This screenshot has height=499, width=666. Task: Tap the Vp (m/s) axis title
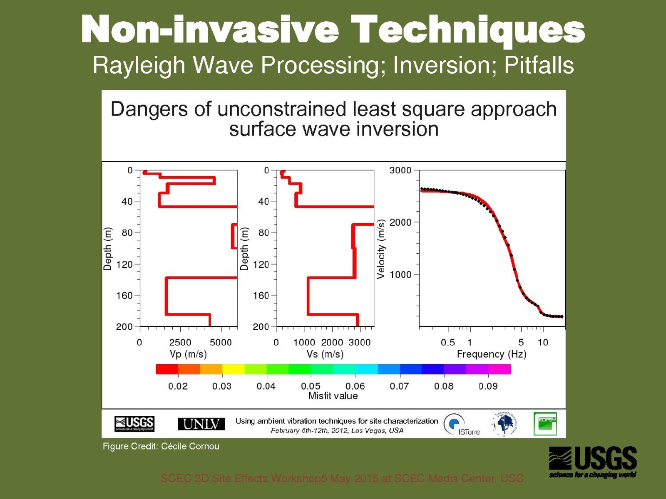(188, 354)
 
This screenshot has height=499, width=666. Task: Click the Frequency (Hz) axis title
(492, 354)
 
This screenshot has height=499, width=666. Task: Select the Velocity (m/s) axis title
(381, 249)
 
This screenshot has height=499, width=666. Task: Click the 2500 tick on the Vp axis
(180, 342)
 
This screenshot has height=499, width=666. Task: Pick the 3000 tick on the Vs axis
(360, 342)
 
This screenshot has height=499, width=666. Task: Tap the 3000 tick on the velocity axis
(400, 170)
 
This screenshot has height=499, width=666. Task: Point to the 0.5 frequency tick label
(448, 342)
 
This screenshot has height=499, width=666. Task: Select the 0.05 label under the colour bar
(311, 386)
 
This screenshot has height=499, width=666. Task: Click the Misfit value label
(333, 396)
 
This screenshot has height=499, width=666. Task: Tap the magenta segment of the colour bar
(499, 369)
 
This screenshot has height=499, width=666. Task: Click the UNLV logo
(201, 424)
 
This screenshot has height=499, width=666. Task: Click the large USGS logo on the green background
(593, 462)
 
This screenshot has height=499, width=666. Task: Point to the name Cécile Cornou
(190, 446)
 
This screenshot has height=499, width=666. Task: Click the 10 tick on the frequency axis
(543, 342)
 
